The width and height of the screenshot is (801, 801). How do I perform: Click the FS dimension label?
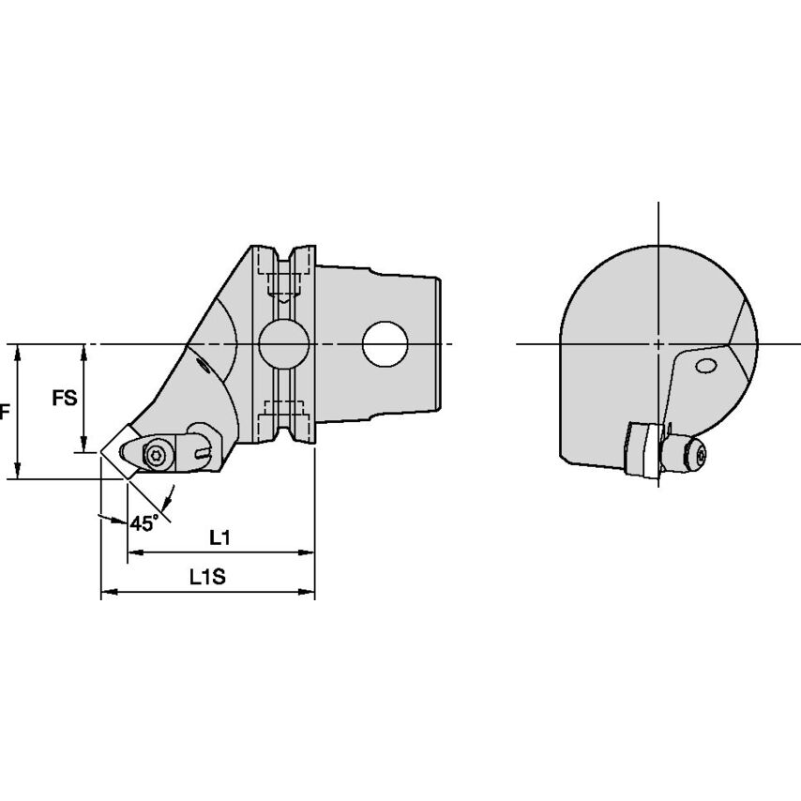(x=65, y=398)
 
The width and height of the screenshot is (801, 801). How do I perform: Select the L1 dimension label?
(x=219, y=537)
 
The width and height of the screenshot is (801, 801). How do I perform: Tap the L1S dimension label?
(x=207, y=577)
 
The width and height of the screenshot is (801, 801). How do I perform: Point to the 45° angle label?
(x=144, y=523)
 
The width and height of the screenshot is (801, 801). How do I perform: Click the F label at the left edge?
(x=5, y=411)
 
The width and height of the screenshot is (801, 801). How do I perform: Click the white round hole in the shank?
(x=385, y=344)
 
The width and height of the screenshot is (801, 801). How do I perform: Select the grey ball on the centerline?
(x=284, y=344)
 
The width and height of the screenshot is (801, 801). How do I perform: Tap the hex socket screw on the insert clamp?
(x=155, y=454)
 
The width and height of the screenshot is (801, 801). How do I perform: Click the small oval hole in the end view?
(x=706, y=366)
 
